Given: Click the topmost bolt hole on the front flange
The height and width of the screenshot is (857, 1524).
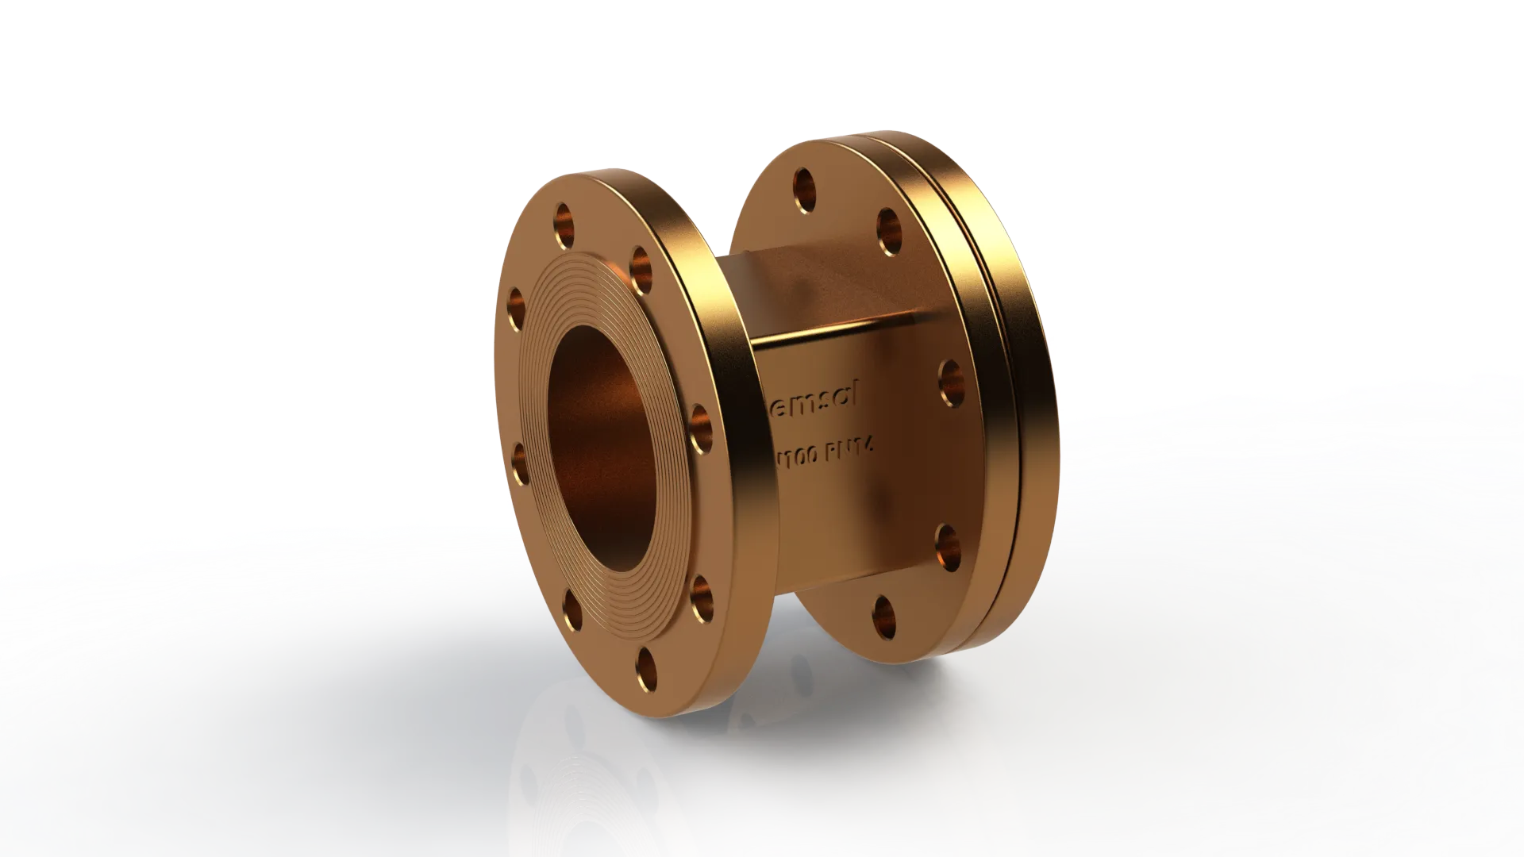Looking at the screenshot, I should coord(565,217).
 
